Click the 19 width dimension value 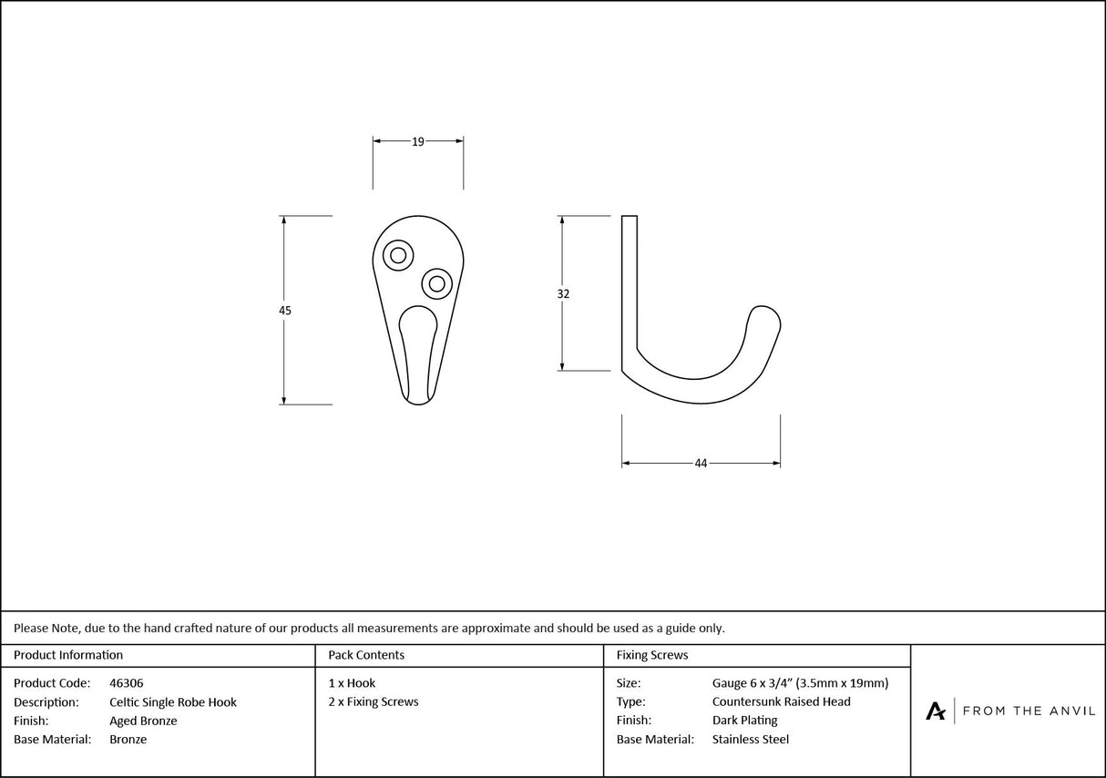pos(418,141)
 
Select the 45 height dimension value pos(285,311)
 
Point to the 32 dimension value pos(563,294)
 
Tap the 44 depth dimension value pos(701,464)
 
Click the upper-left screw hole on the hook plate pos(398,255)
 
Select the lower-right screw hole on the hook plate pos(437,283)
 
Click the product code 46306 pos(126,683)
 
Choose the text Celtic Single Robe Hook pos(173,702)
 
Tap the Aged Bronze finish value pos(143,722)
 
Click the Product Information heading pos(68,655)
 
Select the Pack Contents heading pos(366,655)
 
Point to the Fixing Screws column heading pos(652,655)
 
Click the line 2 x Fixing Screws pos(374,702)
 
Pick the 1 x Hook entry pos(352,683)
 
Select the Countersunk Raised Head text pos(781,702)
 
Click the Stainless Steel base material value pos(751,740)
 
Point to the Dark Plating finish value pos(744,722)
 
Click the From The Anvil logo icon pos(936,711)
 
